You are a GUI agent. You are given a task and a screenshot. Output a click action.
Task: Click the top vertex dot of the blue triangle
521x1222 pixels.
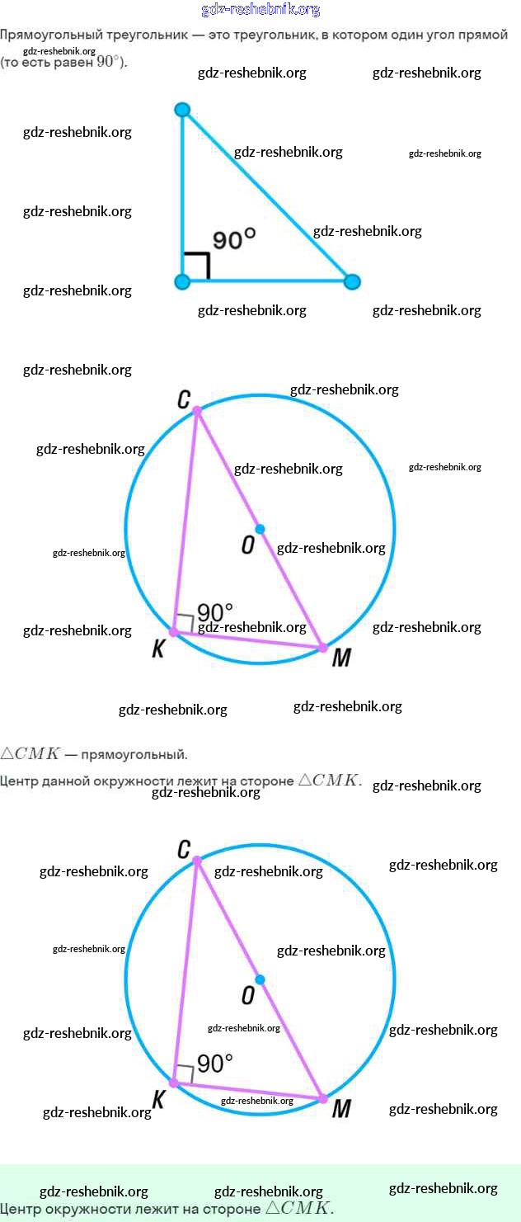(x=183, y=110)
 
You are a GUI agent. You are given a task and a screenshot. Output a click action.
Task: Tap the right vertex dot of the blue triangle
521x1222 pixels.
(x=352, y=282)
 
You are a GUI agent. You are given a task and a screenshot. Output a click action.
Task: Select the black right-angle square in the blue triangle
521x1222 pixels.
(x=197, y=266)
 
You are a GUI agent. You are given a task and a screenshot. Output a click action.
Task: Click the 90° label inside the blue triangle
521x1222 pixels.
(x=234, y=239)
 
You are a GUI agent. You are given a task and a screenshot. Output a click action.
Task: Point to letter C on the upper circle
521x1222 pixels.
(x=184, y=400)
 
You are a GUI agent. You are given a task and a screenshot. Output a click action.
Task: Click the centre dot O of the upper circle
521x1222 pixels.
(x=260, y=529)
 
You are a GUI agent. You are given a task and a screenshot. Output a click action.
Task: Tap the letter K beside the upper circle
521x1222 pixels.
(x=159, y=649)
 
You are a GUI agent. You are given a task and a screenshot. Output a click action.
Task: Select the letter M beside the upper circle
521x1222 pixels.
(x=340, y=658)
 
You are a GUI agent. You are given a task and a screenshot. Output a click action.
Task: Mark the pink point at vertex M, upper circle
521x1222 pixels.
(x=322, y=648)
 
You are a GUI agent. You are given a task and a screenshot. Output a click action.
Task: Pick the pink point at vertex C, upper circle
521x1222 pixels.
(x=196, y=410)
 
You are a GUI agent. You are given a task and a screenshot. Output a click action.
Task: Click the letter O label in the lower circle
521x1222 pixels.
(x=248, y=996)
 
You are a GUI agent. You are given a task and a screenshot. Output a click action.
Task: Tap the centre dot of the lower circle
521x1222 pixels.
(x=260, y=979)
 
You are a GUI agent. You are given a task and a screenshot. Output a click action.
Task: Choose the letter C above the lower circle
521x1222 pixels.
(x=184, y=850)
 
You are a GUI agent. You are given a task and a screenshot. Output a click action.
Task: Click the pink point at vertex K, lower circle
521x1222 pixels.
(x=174, y=1083)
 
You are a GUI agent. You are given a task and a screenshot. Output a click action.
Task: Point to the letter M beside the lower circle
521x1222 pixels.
(x=340, y=1109)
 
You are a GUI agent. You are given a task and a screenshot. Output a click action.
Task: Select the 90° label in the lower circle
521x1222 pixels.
(x=215, y=1064)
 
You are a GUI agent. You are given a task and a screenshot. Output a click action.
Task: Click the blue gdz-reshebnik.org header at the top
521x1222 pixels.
(x=260, y=10)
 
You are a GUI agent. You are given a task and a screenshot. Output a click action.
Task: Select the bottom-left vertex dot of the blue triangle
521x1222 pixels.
(x=183, y=282)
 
